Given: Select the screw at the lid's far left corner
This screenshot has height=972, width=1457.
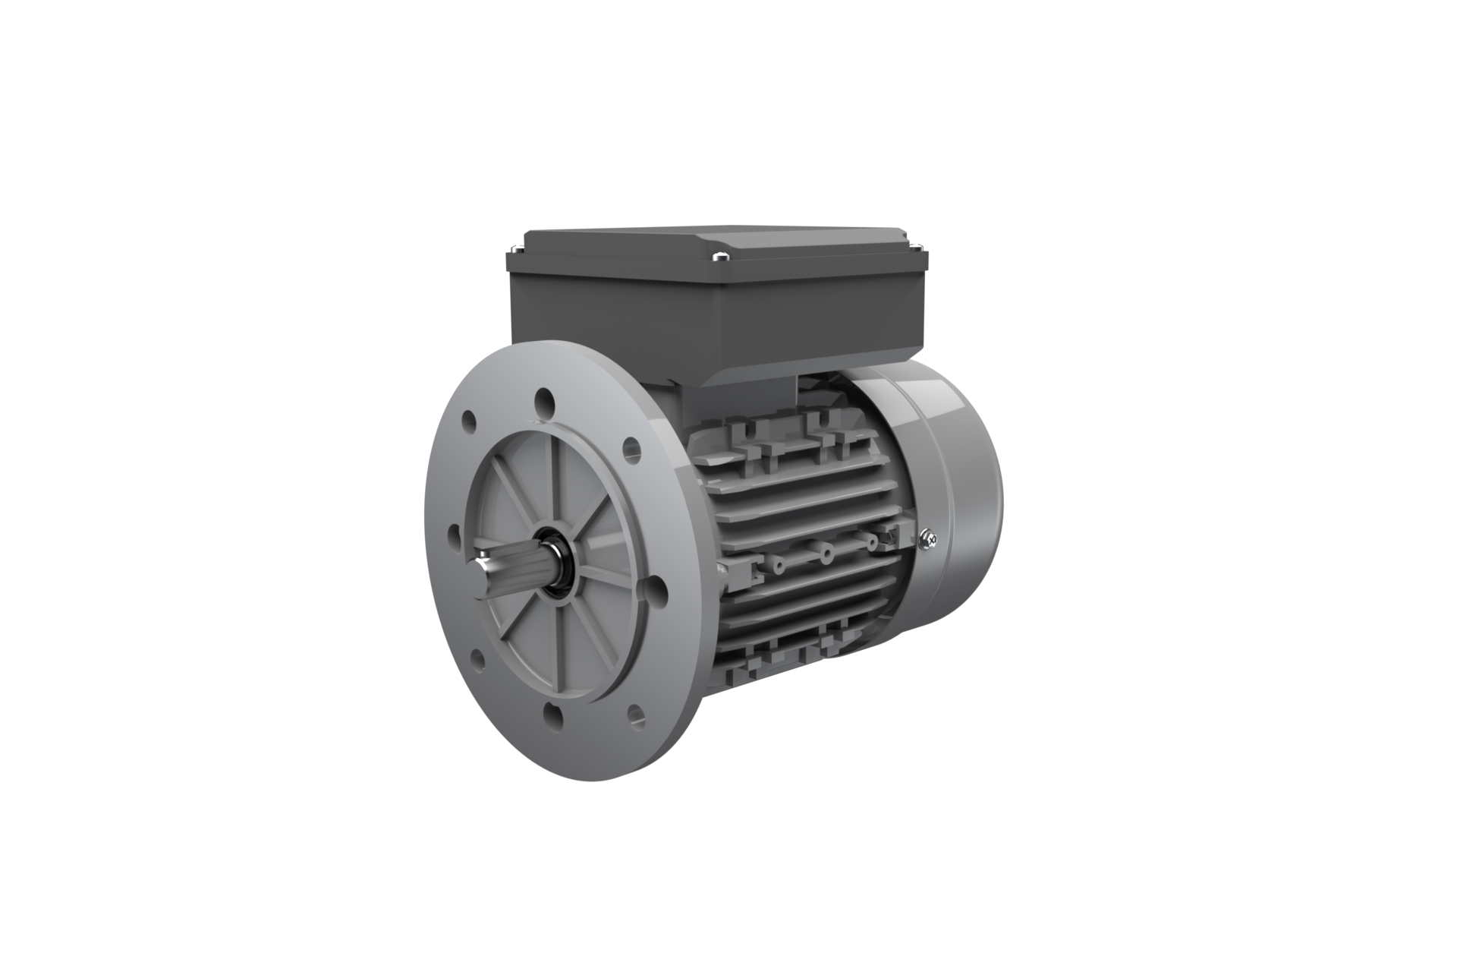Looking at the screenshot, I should pyautogui.click(x=516, y=247).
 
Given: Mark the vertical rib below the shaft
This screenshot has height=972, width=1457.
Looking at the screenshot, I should pyautogui.click(x=562, y=645).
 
